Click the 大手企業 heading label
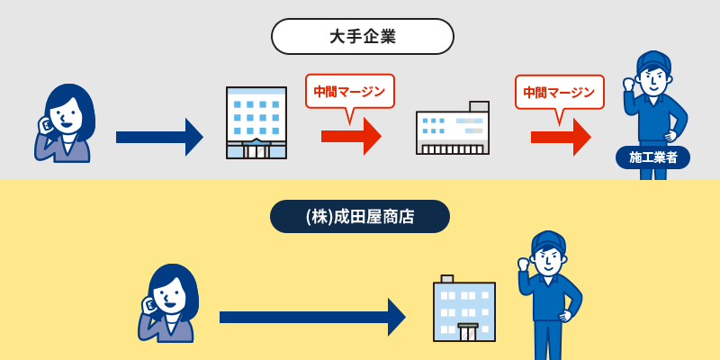(x=363, y=37)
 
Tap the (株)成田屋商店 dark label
(x=360, y=216)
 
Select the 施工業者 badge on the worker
(x=653, y=158)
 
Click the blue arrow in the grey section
(x=159, y=137)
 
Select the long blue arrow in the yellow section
(x=312, y=317)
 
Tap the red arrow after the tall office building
(x=351, y=137)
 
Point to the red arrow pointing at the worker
(x=561, y=137)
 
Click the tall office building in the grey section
(x=256, y=122)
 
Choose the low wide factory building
(x=453, y=128)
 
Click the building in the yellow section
(x=464, y=308)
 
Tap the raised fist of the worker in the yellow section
(x=524, y=265)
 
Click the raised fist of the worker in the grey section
(x=628, y=85)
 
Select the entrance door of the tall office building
(x=256, y=149)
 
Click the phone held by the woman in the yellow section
(x=148, y=305)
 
